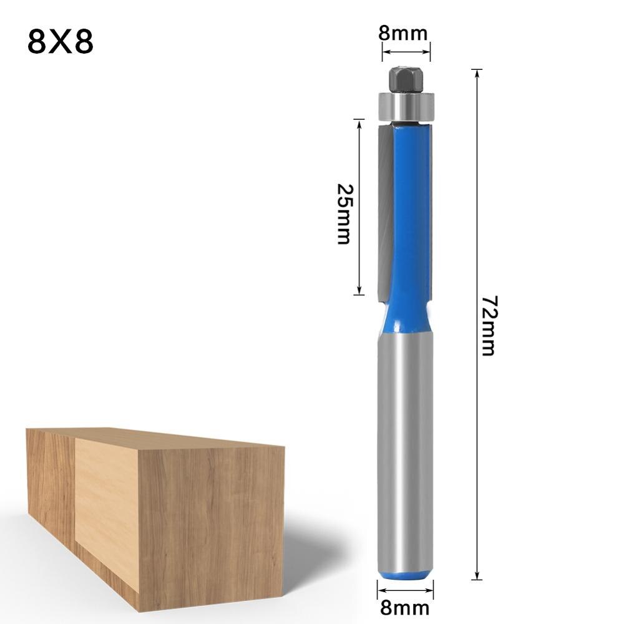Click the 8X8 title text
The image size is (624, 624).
(x=61, y=42)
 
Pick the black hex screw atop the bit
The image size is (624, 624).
(x=406, y=78)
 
